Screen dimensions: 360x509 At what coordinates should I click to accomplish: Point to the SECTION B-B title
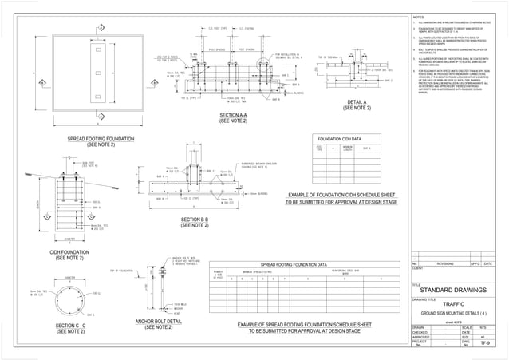click(195, 220)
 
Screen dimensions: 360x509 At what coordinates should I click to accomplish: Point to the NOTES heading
click(419, 17)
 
